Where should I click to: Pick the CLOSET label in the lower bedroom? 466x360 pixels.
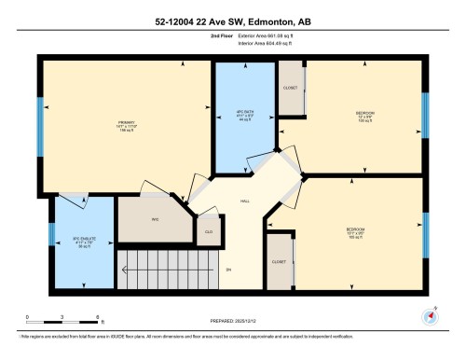pos(278,263)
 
